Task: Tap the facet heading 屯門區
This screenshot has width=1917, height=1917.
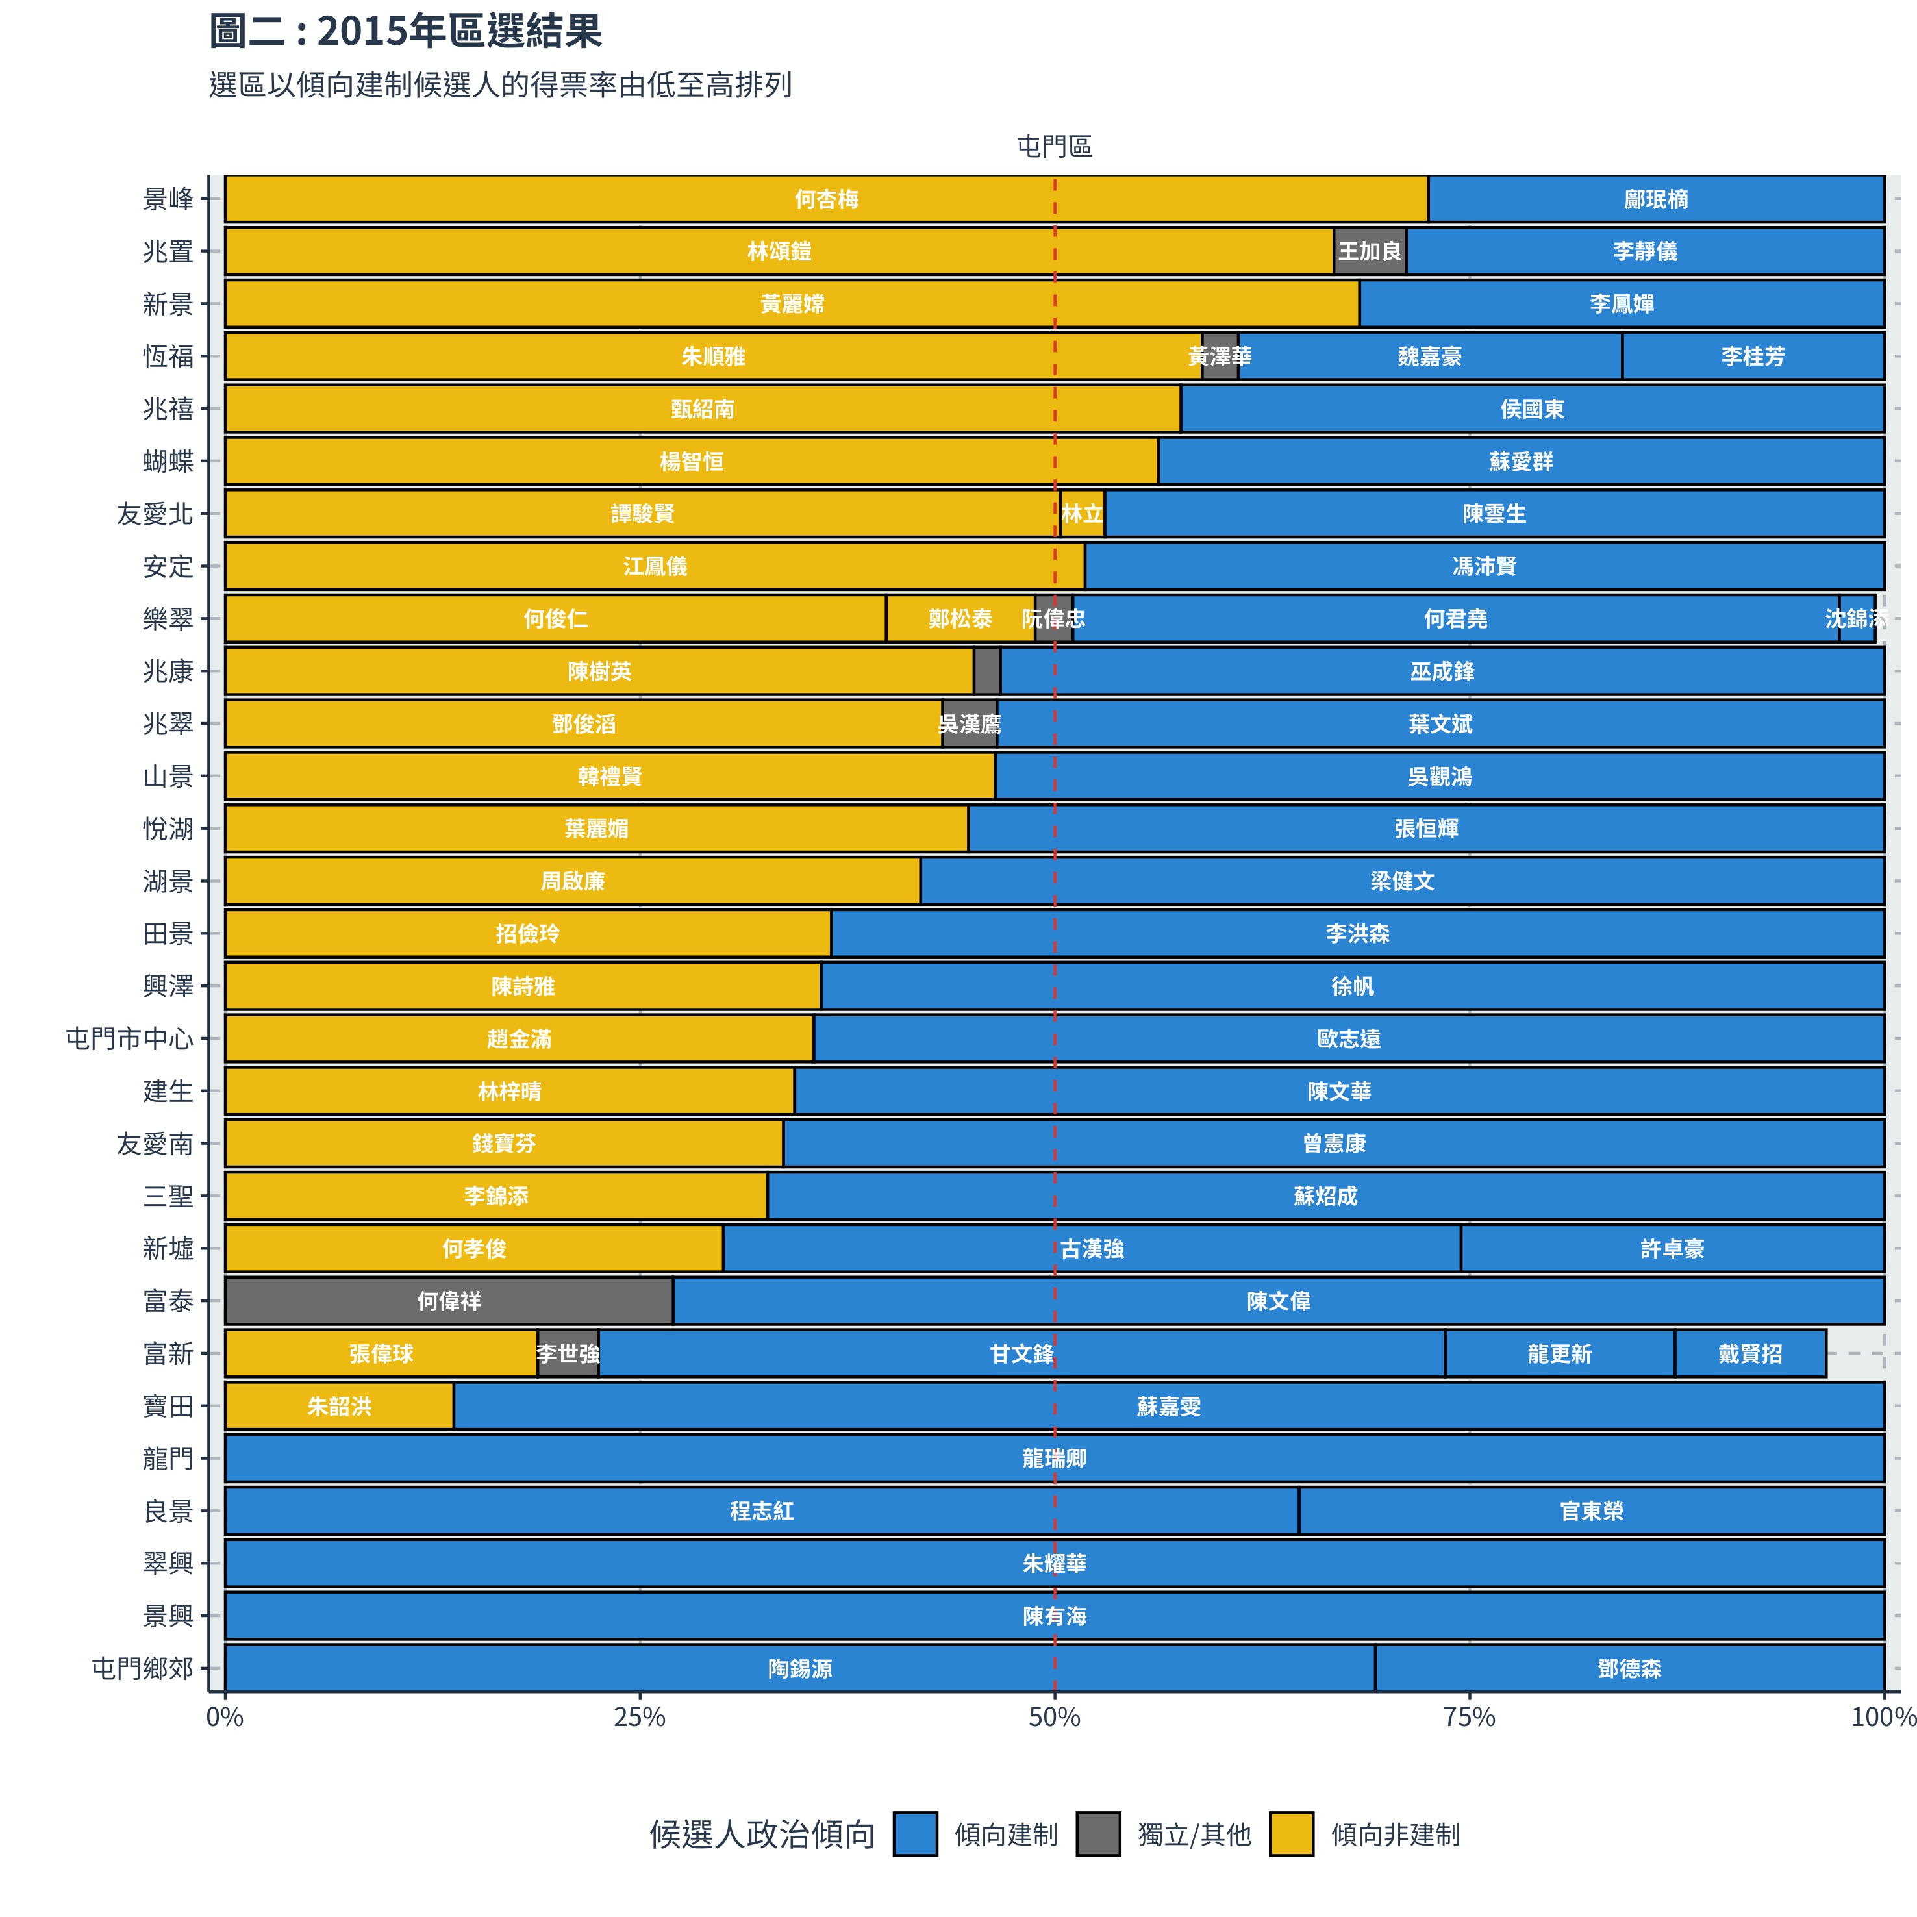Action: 1054,147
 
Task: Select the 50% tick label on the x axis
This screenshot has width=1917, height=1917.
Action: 1054,1718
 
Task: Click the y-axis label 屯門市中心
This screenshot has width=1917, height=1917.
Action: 129,1039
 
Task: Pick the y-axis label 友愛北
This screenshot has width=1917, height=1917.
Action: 155,514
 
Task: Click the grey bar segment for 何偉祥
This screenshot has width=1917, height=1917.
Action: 449,1301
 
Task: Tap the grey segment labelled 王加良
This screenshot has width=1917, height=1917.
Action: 1370,251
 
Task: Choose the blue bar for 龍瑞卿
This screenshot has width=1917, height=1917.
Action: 1054,1459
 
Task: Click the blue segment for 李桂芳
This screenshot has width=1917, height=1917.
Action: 1752,357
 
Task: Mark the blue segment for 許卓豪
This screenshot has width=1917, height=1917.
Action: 1672,1248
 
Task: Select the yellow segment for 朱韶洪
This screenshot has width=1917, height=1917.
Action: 340,1406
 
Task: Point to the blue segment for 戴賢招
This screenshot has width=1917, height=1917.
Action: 1750,1353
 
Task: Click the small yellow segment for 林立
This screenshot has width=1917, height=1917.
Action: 1083,514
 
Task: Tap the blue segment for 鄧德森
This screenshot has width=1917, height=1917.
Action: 1629,1669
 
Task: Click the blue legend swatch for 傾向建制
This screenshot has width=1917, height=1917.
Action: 915,1834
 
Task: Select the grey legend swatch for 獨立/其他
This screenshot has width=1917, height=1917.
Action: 1098,1834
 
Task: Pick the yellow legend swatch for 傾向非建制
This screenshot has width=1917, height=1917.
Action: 1291,1834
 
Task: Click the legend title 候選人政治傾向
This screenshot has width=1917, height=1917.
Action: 761,1835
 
